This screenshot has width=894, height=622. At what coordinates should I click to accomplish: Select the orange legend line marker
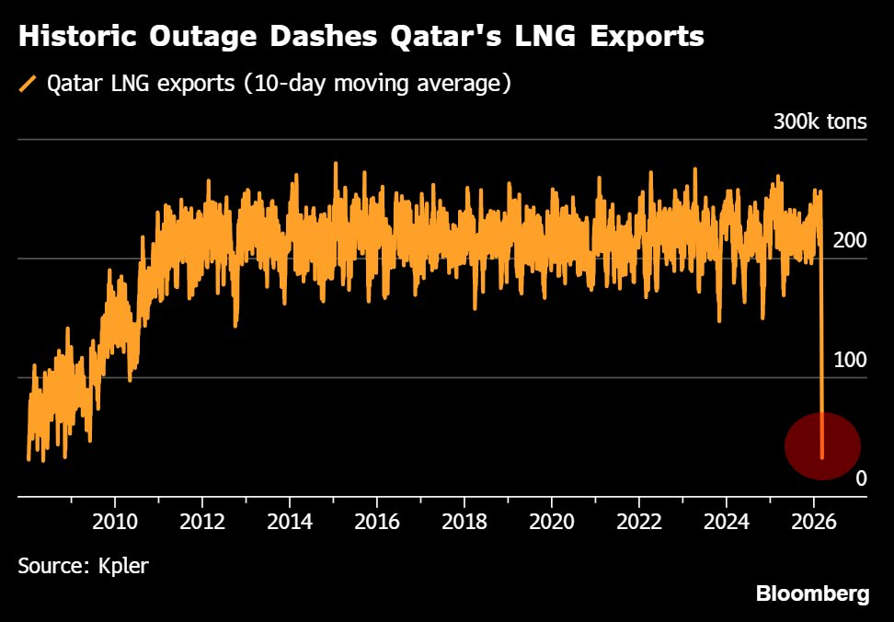[28, 85]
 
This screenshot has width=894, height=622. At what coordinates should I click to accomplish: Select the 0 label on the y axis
[861, 478]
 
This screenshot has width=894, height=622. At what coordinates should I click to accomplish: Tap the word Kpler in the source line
[123, 565]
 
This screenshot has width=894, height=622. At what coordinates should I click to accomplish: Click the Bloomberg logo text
[812, 594]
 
